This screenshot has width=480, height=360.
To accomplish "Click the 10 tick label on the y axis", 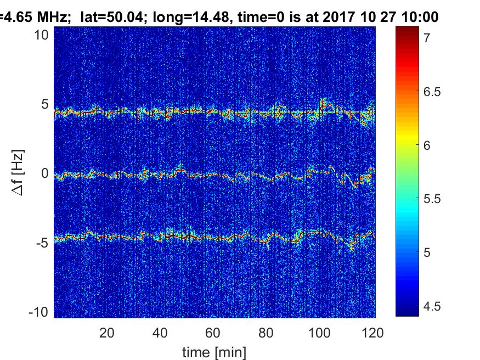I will pos(44,35).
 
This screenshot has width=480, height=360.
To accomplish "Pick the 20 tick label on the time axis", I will pos(106,332).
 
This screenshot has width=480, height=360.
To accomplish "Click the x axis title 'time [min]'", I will pos(214,351).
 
